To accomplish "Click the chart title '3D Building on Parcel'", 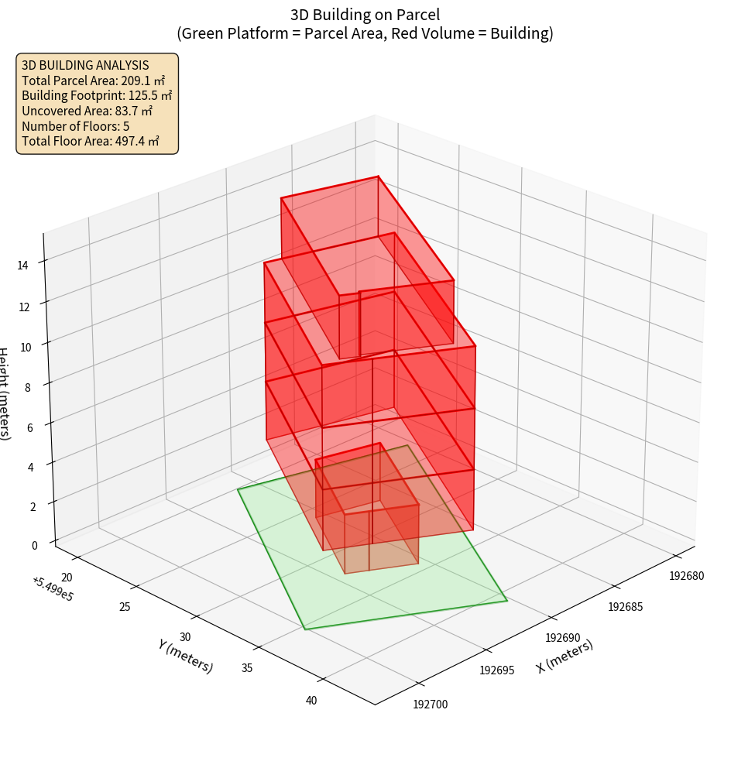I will click(365, 14).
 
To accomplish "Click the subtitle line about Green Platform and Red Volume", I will click(365, 33).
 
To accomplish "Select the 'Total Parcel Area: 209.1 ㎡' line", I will click(93, 81).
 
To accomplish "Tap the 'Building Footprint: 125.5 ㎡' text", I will click(97, 96).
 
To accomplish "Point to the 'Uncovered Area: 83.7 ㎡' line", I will click(87, 111).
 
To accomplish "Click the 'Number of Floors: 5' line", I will click(76, 126).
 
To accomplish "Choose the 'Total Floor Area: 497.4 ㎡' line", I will click(91, 142).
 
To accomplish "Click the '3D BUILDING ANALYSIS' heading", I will click(85, 66).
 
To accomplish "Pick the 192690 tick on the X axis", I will click(563, 637).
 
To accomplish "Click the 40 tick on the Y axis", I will click(311, 701).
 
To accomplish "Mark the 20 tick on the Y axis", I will click(67, 577).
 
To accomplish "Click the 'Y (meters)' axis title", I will click(185, 656).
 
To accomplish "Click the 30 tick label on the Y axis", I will click(185, 637).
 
